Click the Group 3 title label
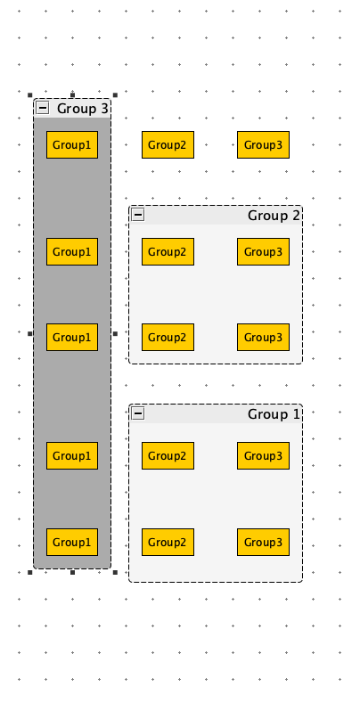(x=83, y=109)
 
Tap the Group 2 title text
(x=274, y=216)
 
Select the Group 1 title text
(x=274, y=414)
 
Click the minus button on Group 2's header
(x=138, y=216)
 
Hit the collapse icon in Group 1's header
(x=138, y=413)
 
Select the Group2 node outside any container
(x=168, y=145)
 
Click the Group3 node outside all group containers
(x=263, y=145)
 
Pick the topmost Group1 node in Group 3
(x=72, y=145)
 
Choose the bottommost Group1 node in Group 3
(x=72, y=542)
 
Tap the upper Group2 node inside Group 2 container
(x=168, y=251)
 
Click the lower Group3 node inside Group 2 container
(x=263, y=337)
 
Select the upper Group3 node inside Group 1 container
(x=263, y=455)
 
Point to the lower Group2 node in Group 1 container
(x=168, y=542)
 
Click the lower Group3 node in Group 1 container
(x=263, y=542)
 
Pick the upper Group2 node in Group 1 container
(x=168, y=455)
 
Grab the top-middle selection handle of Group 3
(x=73, y=95)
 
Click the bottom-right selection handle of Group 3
(x=115, y=573)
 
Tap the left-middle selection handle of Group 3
(x=30, y=333)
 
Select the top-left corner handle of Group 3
(x=30, y=95)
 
